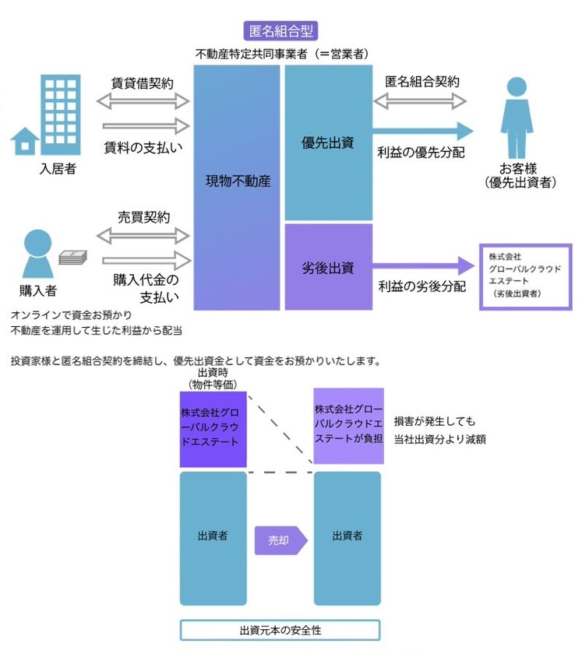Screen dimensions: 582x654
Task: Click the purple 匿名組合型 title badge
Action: point(280,31)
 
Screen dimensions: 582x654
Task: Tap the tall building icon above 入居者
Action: point(61,114)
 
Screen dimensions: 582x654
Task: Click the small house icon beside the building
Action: point(25,141)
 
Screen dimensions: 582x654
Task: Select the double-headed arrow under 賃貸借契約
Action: point(143,101)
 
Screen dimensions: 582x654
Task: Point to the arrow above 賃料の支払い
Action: point(146,126)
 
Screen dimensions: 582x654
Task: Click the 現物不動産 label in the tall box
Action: point(238,181)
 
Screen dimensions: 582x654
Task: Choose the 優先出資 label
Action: point(328,143)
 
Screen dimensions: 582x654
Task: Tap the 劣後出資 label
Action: point(328,268)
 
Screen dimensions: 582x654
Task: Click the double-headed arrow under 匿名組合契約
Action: point(420,101)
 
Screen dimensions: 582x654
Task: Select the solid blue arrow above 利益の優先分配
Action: point(423,131)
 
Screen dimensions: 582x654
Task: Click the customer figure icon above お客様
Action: point(517,118)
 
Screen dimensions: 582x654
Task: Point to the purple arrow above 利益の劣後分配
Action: point(424,265)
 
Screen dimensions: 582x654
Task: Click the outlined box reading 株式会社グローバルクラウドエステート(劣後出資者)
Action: point(525,277)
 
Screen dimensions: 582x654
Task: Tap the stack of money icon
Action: point(73,257)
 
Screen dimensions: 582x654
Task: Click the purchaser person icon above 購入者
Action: point(38,254)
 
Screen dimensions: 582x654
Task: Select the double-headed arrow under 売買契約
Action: point(143,236)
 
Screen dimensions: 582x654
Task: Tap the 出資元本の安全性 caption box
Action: point(280,630)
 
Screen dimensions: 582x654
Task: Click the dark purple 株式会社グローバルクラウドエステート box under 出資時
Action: point(213,429)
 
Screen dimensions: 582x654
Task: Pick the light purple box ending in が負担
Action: point(348,426)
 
